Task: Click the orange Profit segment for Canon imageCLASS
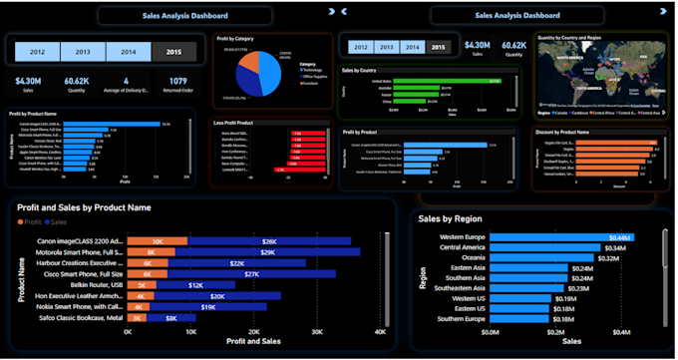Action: click(157, 241)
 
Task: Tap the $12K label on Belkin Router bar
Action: click(194, 284)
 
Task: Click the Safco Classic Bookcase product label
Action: click(79, 317)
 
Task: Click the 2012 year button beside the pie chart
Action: click(35, 51)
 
